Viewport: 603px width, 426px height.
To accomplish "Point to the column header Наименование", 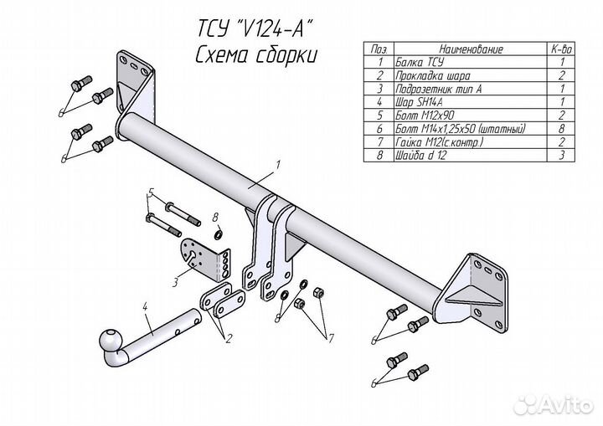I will coord(451,50).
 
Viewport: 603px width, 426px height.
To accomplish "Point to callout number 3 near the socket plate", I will coord(176,281).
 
